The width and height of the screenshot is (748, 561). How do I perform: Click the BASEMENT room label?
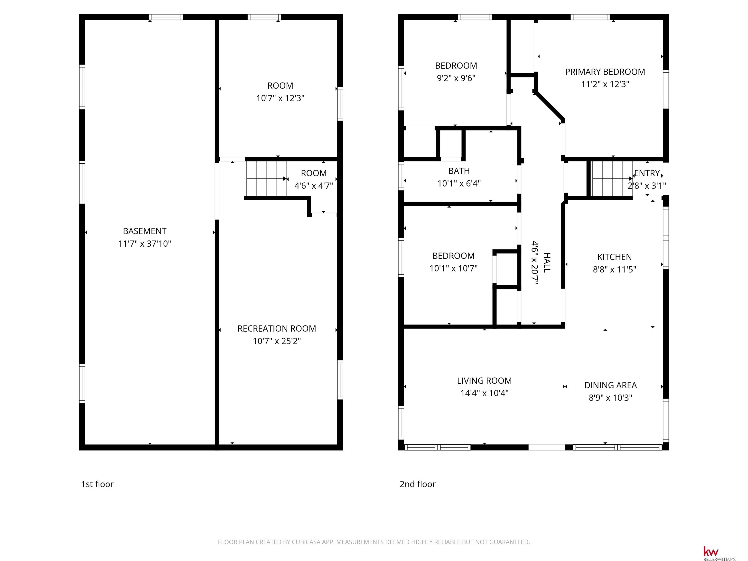[x=144, y=231]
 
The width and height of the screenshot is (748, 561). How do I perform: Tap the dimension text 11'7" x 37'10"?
[x=144, y=244]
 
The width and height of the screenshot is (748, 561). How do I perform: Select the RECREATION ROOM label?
[x=277, y=329]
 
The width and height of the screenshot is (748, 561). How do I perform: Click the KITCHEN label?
[x=614, y=257]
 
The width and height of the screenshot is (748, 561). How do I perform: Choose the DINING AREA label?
[x=610, y=385]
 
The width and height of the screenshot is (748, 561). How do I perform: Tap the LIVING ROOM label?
[x=484, y=381]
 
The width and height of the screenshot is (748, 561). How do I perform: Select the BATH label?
[x=459, y=171]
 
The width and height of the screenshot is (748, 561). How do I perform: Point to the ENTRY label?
[x=647, y=173]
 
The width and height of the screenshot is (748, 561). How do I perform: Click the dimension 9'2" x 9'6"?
[x=456, y=78]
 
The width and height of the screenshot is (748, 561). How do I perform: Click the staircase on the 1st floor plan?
[x=266, y=178]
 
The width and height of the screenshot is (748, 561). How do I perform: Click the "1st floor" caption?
[x=97, y=484]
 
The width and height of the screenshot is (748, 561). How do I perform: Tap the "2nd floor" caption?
[x=418, y=484]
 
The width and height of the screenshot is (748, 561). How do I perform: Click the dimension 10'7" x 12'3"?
[x=280, y=98]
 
